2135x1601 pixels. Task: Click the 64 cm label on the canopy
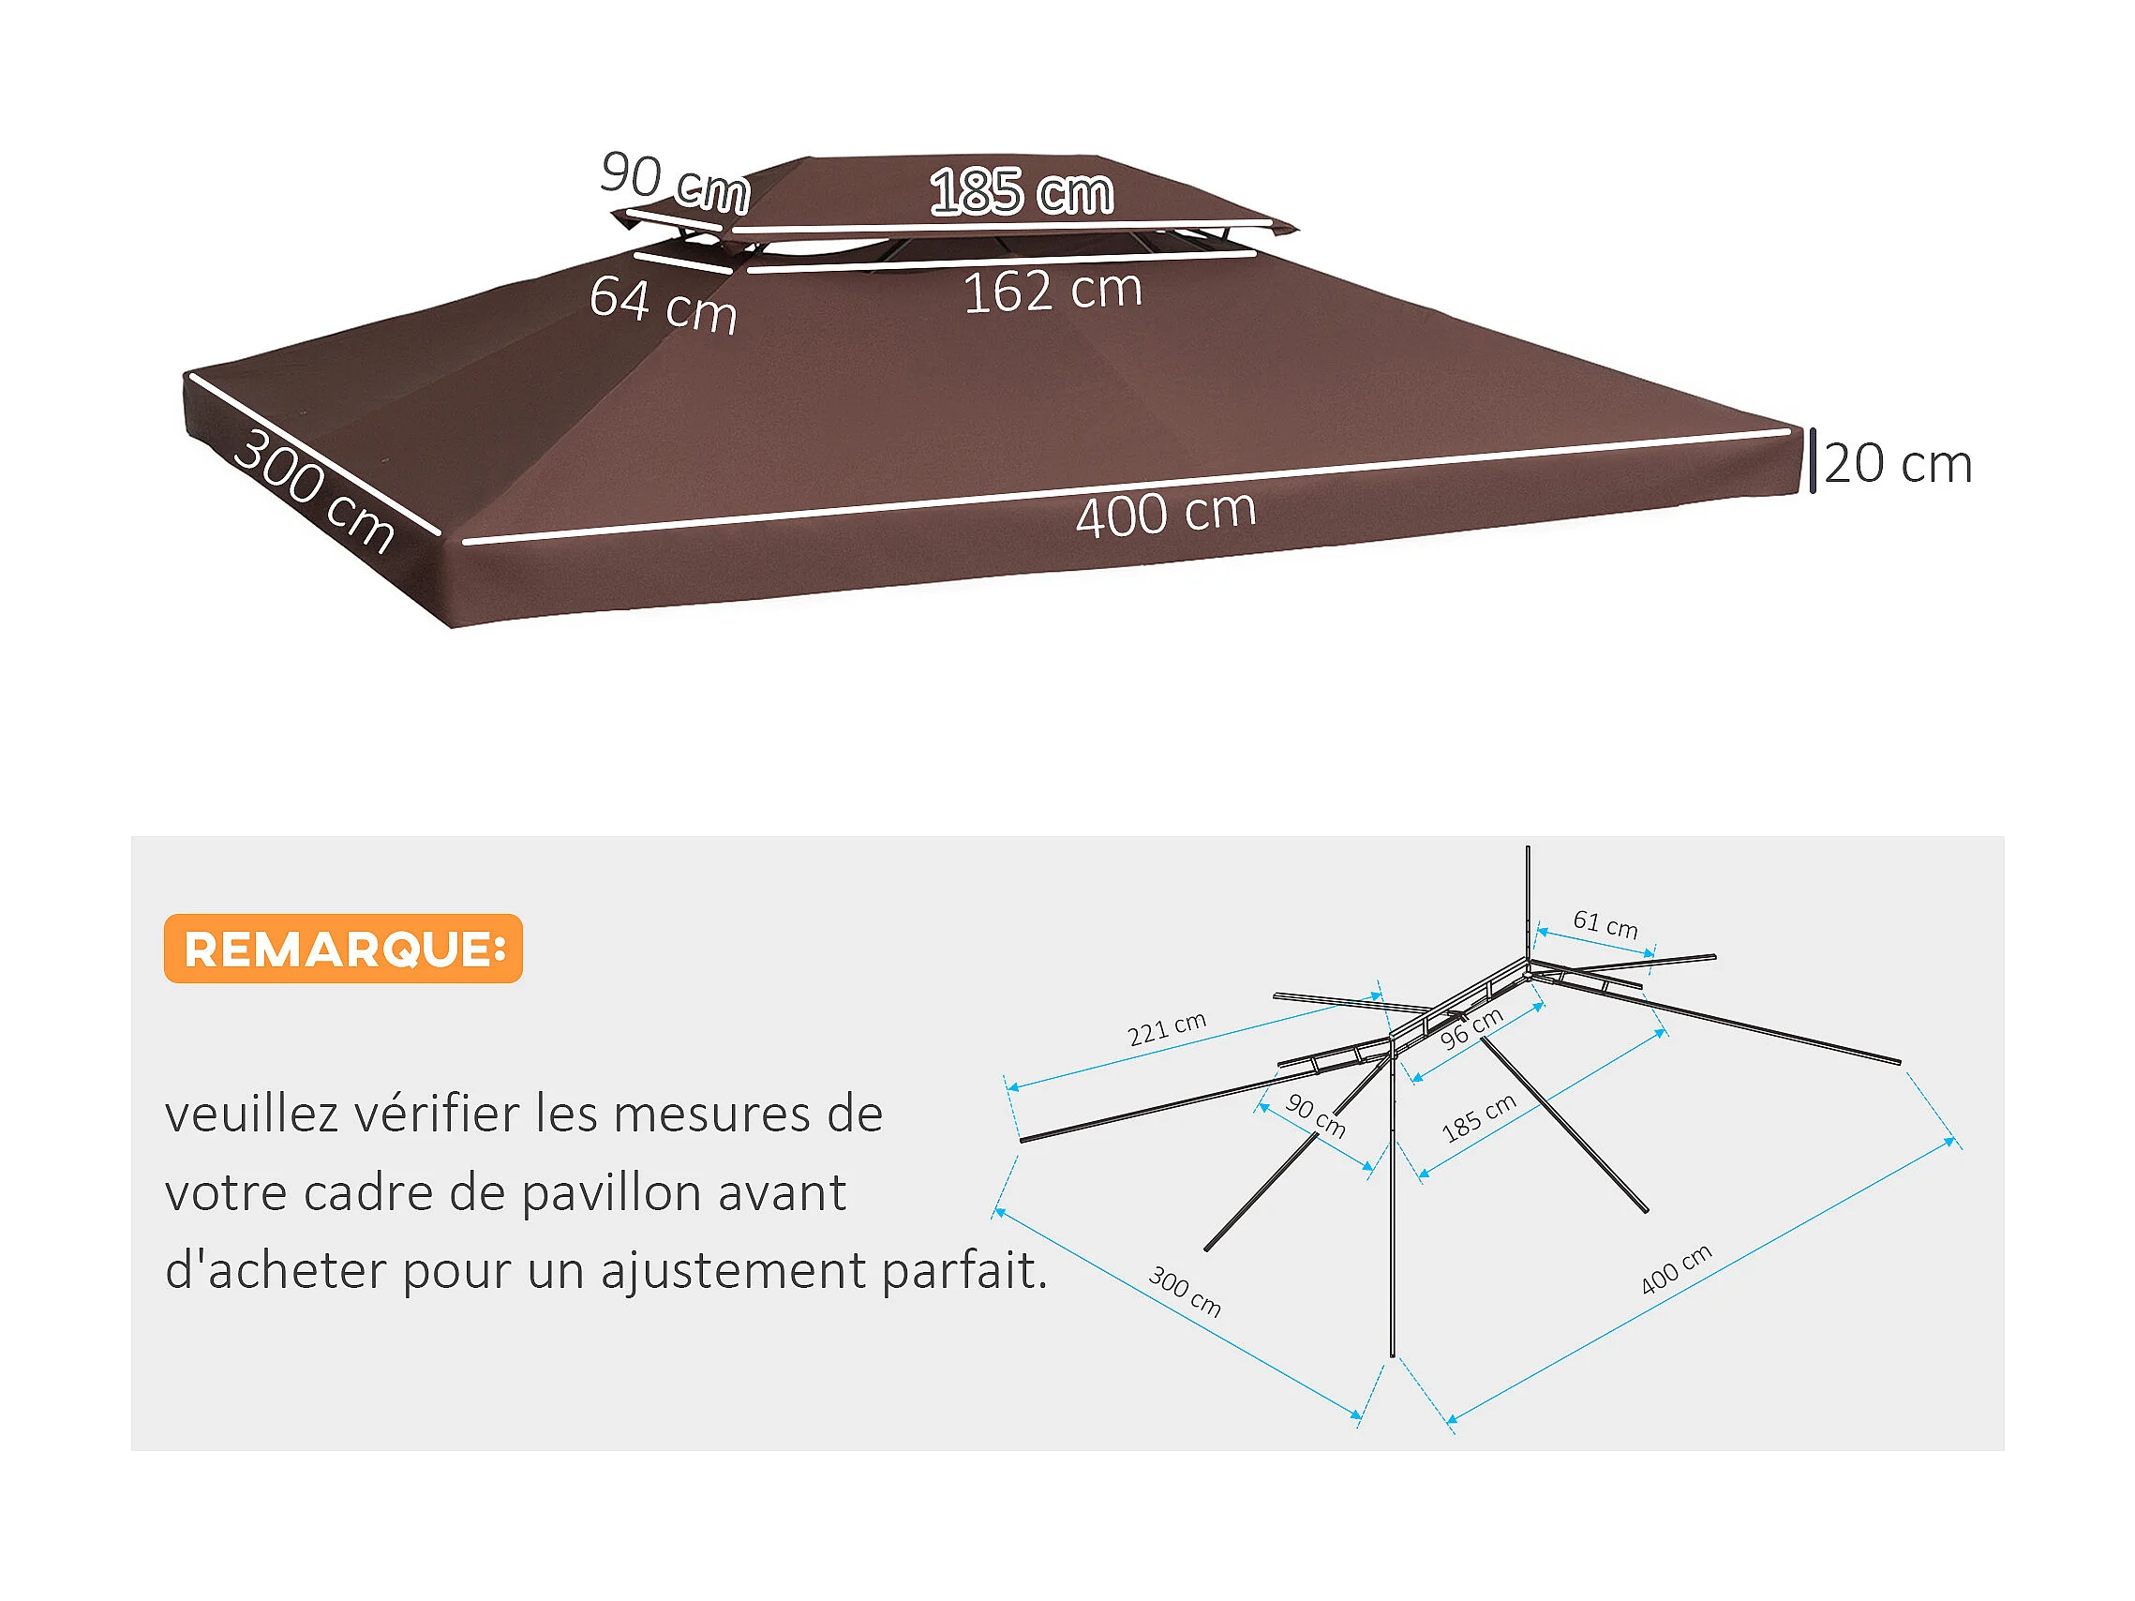pos(663,304)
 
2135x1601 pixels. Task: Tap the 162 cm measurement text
pos(1053,291)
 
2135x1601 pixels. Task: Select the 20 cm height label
pos(1897,464)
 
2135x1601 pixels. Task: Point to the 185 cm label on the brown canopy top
pos(1022,191)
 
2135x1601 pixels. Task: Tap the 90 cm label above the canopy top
pos(675,181)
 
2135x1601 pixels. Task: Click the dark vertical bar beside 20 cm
pos(1813,461)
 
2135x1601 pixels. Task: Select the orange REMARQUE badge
pos(343,949)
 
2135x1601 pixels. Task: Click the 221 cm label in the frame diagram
pos(1166,1028)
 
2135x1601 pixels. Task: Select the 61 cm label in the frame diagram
pos(1605,923)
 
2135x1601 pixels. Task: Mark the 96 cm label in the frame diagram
pos(1471,1027)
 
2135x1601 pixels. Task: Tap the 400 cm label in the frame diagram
pos(1676,1269)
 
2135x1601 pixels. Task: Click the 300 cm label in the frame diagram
pos(1185,1292)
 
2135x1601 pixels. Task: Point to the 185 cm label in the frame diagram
pos(1478,1118)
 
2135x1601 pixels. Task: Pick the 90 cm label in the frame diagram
pos(1315,1115)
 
